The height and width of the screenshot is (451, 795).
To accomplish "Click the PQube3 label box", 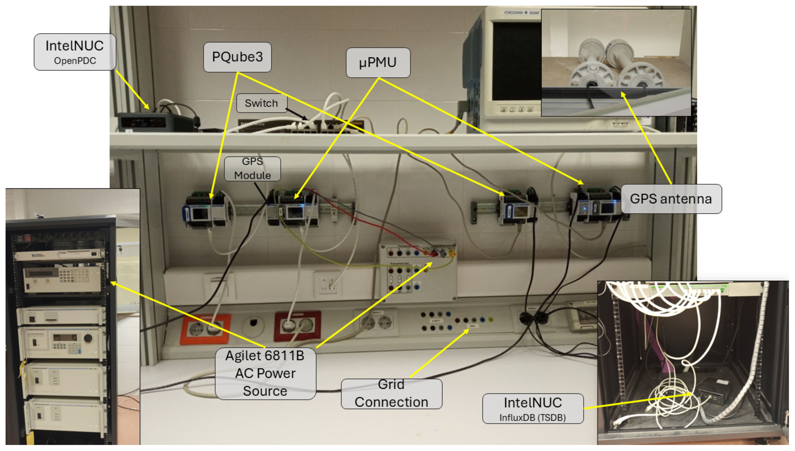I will click(x=237, y=57).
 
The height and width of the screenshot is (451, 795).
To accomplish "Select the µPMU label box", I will click(x=378, y=62).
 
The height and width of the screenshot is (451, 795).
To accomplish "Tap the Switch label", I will click(x=261, y=103).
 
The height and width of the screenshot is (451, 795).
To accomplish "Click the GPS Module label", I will click(x=252, y=168).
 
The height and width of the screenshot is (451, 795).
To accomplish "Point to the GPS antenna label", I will click(x=671, y=199).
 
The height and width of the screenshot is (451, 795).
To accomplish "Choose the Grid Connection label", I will click(x=391, y=394).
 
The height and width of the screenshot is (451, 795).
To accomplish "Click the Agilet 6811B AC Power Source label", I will click(x=265, y=373).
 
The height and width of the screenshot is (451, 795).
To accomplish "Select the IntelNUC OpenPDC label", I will click(x=75, y=52).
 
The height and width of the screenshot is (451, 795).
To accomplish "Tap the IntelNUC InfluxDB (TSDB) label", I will click(x=533, y=408).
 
